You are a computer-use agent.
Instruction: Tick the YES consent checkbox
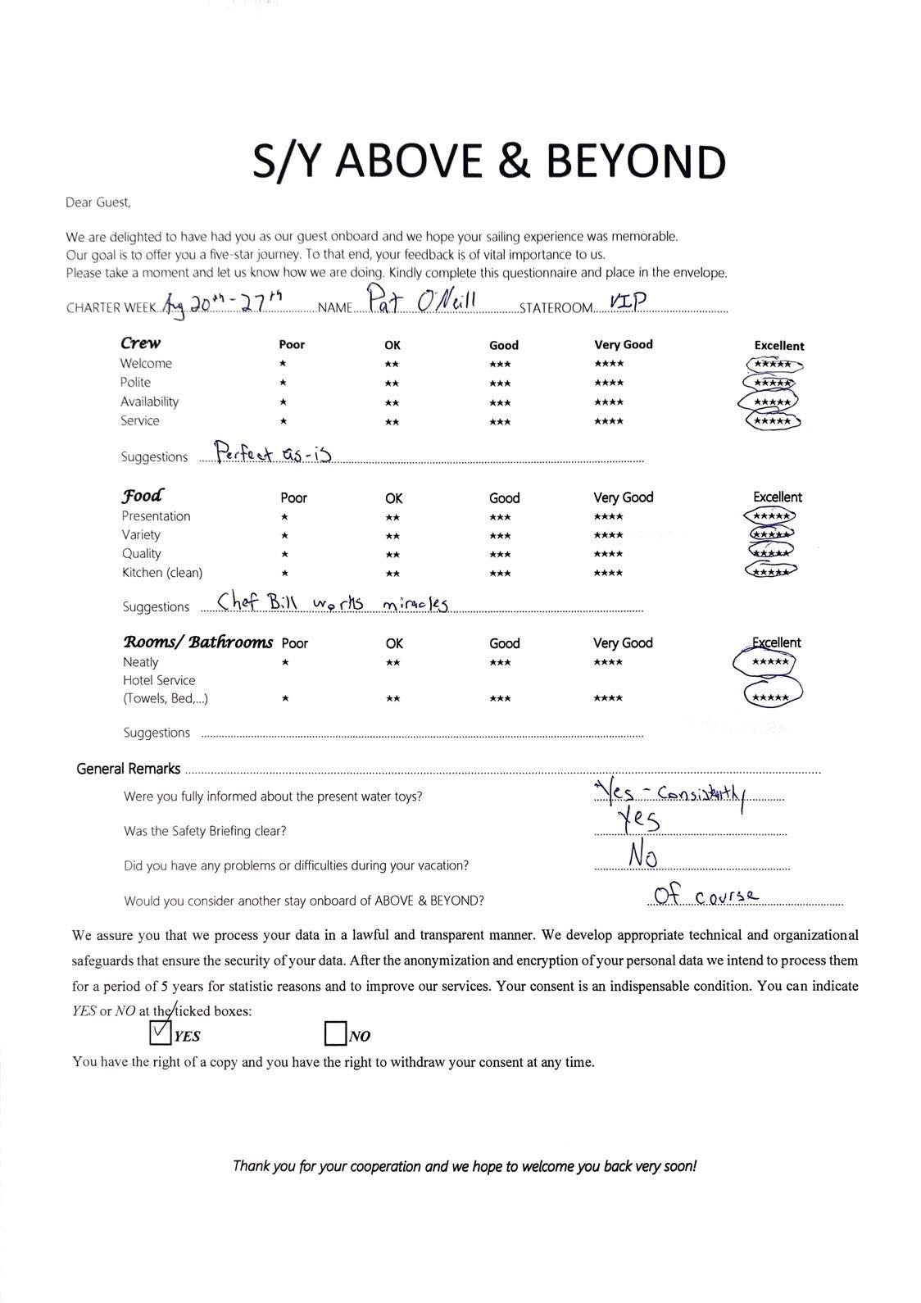[x=161, y=1033]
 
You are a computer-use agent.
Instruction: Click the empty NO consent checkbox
[x=335, y=1033]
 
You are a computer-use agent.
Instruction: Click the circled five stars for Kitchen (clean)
[x=771, y=571]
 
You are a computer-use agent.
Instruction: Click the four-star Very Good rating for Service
[x=609, y=422]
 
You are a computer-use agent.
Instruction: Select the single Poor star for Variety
[x=284, y=536]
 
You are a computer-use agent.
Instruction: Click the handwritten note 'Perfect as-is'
[x=272, y=453]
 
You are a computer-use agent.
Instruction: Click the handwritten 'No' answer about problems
[x=643, y=856]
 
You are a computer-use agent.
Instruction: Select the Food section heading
[x=142, y=496]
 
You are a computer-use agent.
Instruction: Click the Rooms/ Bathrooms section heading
[x=197, y=642]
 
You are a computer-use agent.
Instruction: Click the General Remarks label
[x=128, y=769]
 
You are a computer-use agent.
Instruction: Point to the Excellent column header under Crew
[x=778, y=346]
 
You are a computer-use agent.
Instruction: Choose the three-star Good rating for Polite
[x=500, y=384]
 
